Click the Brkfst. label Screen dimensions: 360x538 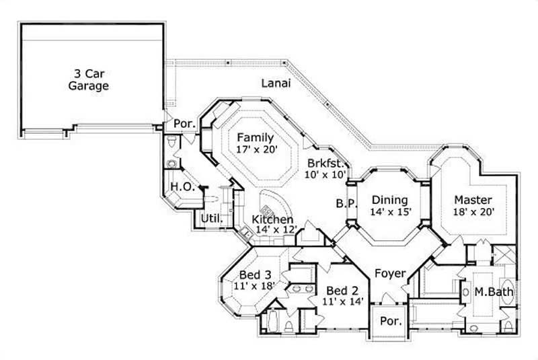tap(327, 163)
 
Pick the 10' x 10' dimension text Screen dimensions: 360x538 tap(326, 175)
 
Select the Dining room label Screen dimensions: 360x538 tap(390, 200)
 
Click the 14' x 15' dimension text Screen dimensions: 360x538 tap(390, 212)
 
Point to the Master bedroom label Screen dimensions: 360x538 tap(473, 200)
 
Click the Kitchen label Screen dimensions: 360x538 tap(272, 219)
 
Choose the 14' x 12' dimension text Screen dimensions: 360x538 tap(273, 229)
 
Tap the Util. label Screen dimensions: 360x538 tap(212, 219)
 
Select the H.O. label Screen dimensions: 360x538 tap(182, 187)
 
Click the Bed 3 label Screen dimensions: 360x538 tap(256, 275)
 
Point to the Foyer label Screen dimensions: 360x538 tap(390, 274)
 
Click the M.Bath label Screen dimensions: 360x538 tap(494, 292)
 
